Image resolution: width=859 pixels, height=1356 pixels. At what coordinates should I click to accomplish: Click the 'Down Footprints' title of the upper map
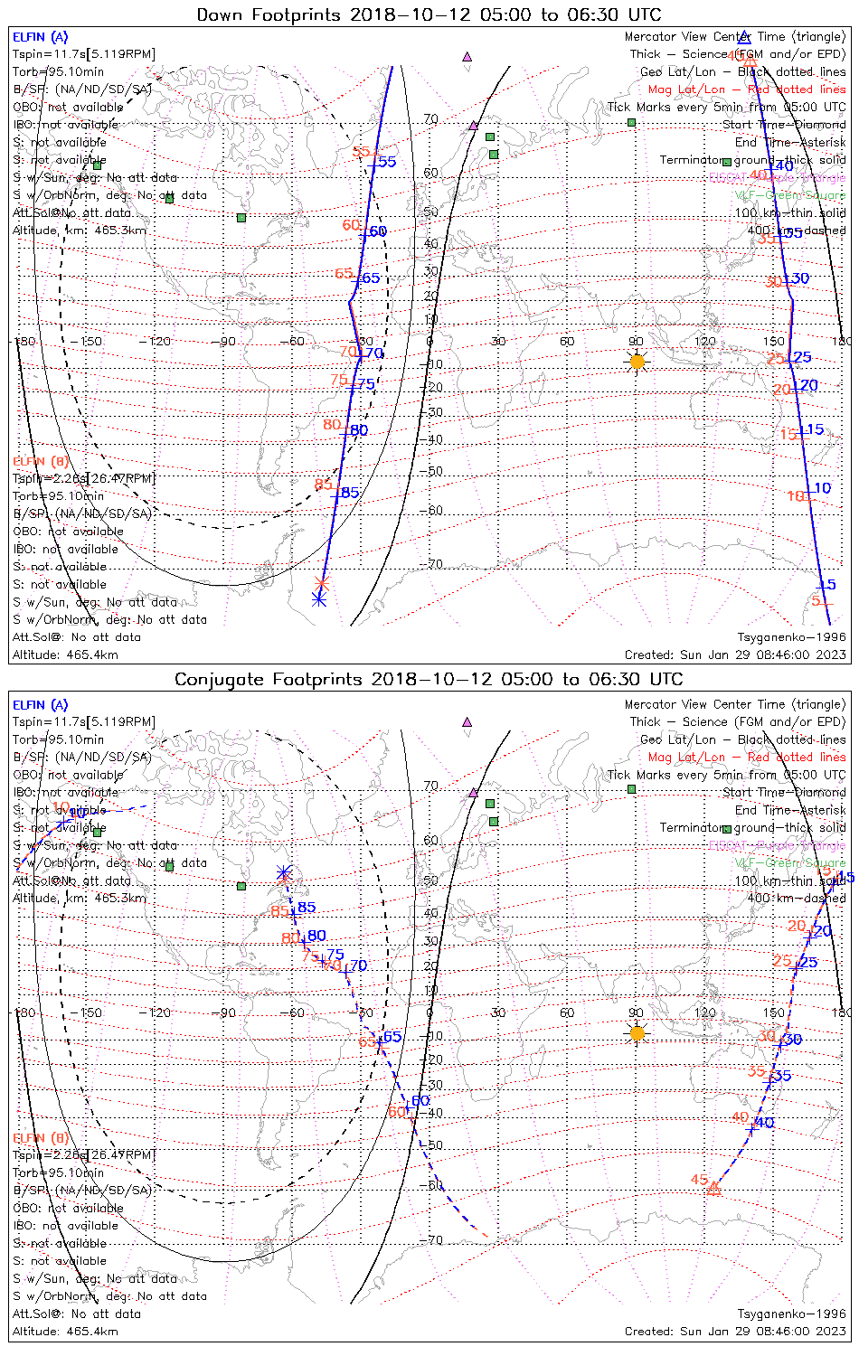(429, 14)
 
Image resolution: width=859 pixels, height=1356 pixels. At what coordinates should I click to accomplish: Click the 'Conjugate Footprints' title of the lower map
(429, 679)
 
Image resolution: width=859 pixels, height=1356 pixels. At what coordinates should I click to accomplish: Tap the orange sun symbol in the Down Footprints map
(637, 362)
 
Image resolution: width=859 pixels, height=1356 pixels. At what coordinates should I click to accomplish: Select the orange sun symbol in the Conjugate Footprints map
(637, 1032)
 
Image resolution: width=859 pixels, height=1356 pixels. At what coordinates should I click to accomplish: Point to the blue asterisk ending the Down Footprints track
(318, 598)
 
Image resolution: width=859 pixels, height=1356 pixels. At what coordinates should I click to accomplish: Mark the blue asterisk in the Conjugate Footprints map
(284, 872)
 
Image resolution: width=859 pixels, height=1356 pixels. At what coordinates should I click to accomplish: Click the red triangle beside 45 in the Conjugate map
(713, 1189)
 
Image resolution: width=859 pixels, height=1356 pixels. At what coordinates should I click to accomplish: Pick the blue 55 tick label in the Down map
(387, 162)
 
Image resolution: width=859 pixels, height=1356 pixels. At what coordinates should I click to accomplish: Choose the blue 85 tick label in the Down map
(350, 494)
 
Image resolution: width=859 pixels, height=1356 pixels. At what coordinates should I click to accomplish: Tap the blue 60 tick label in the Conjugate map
(420, 1101)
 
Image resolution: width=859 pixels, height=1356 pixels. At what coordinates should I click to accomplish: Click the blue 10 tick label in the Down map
(823, 488)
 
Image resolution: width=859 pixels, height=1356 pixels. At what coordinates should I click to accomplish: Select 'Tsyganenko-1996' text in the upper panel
(791, 637)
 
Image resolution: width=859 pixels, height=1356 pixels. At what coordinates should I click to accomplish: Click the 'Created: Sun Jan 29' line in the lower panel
(735, 1331)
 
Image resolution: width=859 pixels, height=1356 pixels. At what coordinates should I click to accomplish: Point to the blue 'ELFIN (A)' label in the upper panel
(40, 37)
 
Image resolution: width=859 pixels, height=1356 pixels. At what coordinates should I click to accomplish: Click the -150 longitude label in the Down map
(90, 342)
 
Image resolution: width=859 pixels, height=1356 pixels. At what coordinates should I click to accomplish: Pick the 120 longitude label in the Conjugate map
(705, 1012)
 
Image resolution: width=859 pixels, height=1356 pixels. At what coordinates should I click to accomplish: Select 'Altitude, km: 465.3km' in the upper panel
(80, 231)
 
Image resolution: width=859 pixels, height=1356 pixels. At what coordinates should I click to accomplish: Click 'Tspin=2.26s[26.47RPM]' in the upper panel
(84, 478)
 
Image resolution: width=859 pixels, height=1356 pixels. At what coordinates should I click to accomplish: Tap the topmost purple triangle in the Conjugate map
(467, 722)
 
